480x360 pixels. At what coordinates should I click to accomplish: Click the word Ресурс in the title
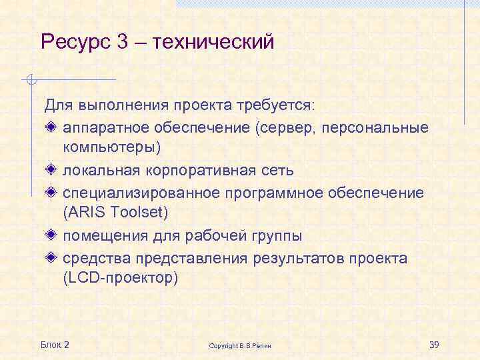tap(75, 43)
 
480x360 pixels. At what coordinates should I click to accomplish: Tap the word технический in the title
tap(213, 43)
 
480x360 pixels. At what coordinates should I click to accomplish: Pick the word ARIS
tap(85, 213)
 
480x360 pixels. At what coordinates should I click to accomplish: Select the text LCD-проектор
tap(120, 277)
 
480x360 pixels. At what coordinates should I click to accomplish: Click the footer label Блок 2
tap(55, 344)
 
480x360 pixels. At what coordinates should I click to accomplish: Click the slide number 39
tap(433, 344)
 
